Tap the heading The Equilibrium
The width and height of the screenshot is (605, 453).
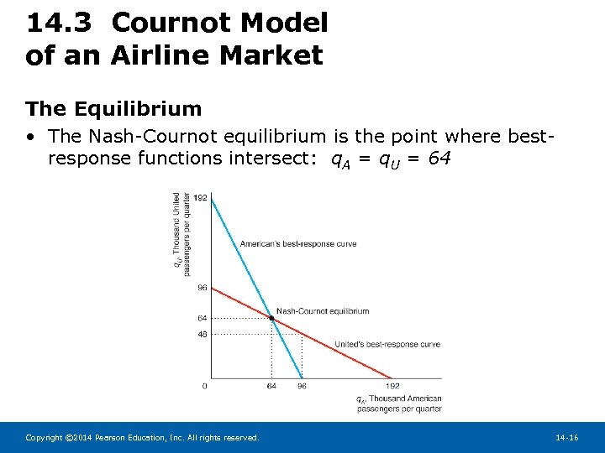[113, 108]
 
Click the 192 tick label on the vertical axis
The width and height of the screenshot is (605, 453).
[200, 197]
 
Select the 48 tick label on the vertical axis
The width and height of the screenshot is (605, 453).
[202, 334]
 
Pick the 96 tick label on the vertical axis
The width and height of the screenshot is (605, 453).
[202, 288]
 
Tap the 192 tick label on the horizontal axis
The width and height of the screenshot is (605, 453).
[392, 387]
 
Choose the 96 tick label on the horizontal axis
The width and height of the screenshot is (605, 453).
[302, 387]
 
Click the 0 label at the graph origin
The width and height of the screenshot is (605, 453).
[205, 387]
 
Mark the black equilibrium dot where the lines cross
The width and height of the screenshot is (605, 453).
[271, 318]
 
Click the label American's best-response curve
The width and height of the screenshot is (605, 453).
[298, 244]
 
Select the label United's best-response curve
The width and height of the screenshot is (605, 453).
[387, 344]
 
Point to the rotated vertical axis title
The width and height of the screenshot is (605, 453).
[180, 234]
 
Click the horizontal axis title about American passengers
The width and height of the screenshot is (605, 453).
[398, 404]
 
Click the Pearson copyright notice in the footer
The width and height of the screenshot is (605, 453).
[142, 438]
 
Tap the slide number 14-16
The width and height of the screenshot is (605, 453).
[566, 438]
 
